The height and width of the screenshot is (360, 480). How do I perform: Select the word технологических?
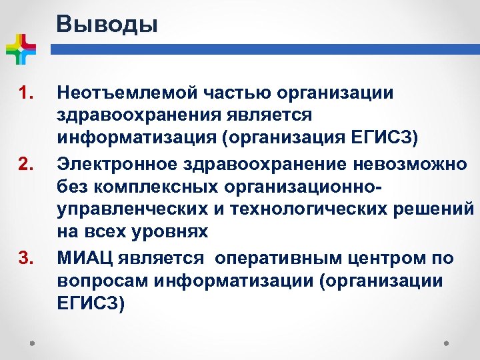[291, 209]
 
